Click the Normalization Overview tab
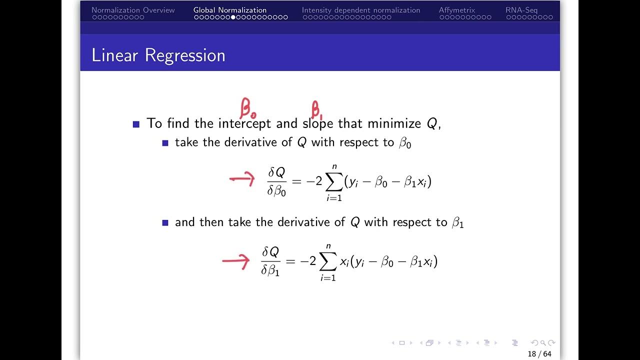coord(133,10)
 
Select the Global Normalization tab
coord(230,10)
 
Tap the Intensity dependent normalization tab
coord(361,10)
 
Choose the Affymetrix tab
coord(457,10)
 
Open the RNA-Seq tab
coord(521,10)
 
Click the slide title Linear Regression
coord(158,55)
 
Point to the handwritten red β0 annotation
coord(248,108)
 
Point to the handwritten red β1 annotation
coord(317,109)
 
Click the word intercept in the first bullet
coord(244,123)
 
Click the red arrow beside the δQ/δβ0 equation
coord(242,179)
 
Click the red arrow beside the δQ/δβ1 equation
coord(235,260)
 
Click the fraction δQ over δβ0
coord(276,181)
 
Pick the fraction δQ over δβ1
coord(270,261)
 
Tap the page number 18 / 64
coord(539,354)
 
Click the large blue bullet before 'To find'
coord(136,124)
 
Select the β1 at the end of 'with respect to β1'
coord(457,223)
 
